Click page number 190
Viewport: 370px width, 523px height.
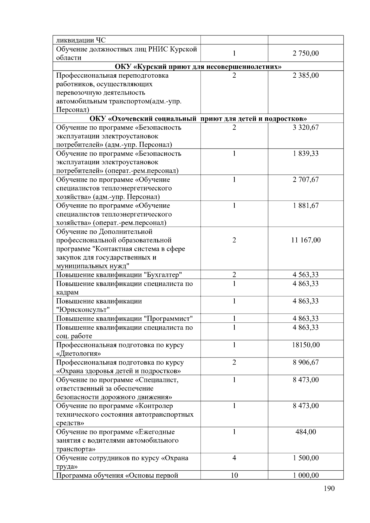[x=329, y=488]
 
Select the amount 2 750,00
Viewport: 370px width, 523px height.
[x=306, y=53]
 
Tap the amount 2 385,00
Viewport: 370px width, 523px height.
[x=306, y=76]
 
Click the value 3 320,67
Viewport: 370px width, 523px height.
[x=306, y=128]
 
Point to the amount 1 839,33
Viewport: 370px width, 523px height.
[x=306, y=153]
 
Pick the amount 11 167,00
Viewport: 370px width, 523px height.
[x=306, y=240]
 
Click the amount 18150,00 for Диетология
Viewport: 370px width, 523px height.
[x=306, y=345]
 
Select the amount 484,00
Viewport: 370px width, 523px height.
[x=306, y=432]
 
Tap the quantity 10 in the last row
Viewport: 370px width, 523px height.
[x=234, y=475]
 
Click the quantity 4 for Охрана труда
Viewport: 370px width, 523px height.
[x=234, y=458]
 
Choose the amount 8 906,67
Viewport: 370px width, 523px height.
[x=306, y=362]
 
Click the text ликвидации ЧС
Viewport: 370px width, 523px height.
[x=81, y=40]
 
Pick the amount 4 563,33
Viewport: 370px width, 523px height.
[x=306, y=275]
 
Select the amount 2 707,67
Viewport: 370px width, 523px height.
[x=306, y=180]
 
